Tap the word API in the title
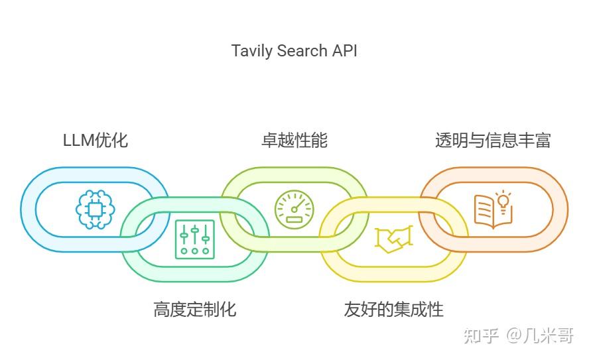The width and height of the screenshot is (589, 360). pos(344,50)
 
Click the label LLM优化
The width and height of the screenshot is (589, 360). pos(96,140)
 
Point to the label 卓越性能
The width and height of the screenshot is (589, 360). pos(294,140)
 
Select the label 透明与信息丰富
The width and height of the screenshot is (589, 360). pos(492,140)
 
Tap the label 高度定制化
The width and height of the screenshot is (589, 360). pos(194,309)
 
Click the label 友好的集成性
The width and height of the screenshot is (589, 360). pos(393,309)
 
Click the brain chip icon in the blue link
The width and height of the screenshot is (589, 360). pos(96,210)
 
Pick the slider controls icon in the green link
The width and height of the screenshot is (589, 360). pos(195,239)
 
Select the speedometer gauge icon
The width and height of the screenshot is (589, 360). pos(294,210)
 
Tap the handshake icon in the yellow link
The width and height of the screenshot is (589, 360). pos(393,239)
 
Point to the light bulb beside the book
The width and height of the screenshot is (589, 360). pos(505,201)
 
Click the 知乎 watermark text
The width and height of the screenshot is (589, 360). pos(482,335)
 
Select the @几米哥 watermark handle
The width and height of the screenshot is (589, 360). pos(540,335)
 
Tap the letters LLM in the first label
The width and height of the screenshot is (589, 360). pos(78,140)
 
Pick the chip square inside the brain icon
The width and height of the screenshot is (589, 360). pos(96,210)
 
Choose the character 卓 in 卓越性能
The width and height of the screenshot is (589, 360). pos(269,140)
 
